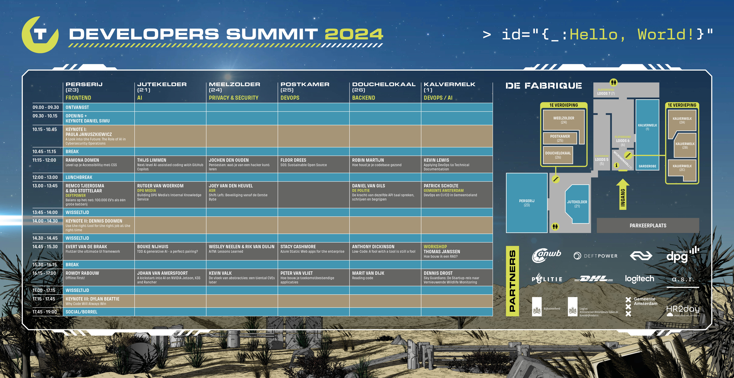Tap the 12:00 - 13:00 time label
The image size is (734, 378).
[x=45, y=177]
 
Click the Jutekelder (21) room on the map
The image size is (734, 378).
[x=577, y=204]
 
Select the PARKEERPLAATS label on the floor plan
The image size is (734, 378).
[x=648, y=225]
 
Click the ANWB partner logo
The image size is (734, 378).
[x=546, y=255]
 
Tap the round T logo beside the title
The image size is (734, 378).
[x=40, y=35]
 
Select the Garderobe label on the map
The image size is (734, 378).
[x=647, y=166]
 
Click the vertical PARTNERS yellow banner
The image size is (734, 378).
[x=512, y=281]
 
